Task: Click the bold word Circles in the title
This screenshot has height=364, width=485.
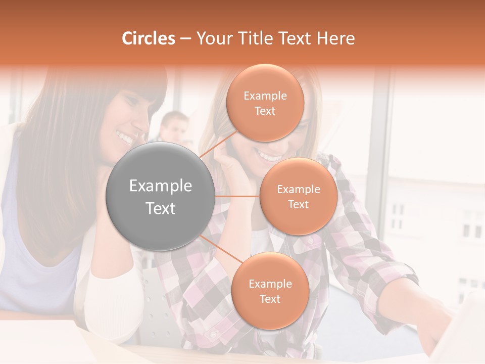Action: click(149, 38)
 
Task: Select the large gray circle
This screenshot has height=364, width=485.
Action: click(160, 196)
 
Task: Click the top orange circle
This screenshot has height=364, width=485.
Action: click(265, 103)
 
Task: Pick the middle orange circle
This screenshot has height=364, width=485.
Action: click(298, 196)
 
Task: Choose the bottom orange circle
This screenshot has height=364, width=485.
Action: click(270, 291)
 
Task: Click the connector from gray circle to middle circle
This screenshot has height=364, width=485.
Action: click(237, 196)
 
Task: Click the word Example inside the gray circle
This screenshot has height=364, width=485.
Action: click(160, 186)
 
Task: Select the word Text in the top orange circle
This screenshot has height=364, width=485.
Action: click(265, 111)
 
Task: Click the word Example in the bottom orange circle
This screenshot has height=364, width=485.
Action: click(270, 284)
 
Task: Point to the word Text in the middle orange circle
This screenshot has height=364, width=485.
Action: click(298, 204)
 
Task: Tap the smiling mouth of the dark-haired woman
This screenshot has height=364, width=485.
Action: click(125, 136)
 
